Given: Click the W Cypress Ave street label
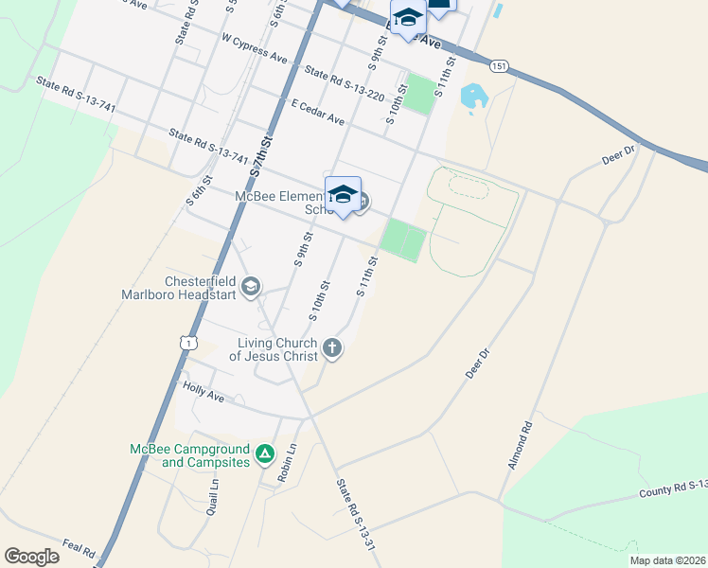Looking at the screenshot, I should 253,49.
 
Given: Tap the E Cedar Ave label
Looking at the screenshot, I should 318,113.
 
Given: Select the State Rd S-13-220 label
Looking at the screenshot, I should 344,83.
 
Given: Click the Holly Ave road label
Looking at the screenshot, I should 204,392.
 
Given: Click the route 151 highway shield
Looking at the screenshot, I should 499,65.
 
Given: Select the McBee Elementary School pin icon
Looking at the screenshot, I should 343,194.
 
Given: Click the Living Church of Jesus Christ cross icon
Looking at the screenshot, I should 331,348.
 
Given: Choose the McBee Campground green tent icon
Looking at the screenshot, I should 266,455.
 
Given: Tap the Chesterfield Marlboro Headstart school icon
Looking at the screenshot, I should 251,286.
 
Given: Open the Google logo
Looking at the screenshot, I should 31,557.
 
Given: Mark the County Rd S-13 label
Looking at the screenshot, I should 673,488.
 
